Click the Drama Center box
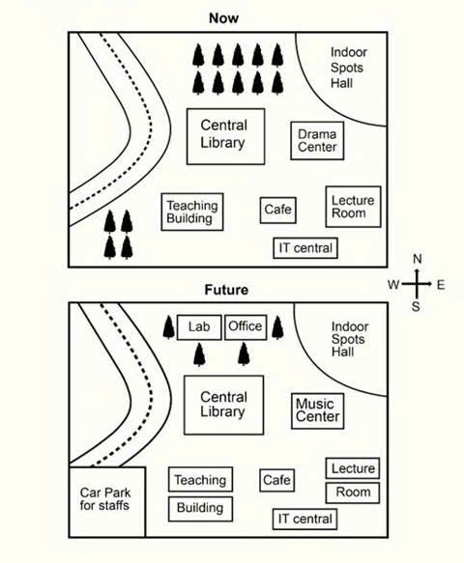coord(317,141)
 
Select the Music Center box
coord(317,411)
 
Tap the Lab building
coord(199,327)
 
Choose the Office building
coord(246,327)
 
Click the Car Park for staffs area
coord(107,502)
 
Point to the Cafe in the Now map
coord(278,211)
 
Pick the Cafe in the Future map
coord(276,480)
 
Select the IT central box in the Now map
coord(305,248)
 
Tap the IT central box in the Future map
coord(304,519)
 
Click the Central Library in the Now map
coord(225,136)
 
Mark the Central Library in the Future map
coord(223,405)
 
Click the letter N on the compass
coord(418,259)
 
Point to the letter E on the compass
coord(441,285)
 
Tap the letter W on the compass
coord(393,285)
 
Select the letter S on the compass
coord(416,307)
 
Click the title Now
coord(223,18)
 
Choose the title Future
coord(226,290)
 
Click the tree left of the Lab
coord(169,327)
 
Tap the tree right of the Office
coord(277,327)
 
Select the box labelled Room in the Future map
coord(353,493)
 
